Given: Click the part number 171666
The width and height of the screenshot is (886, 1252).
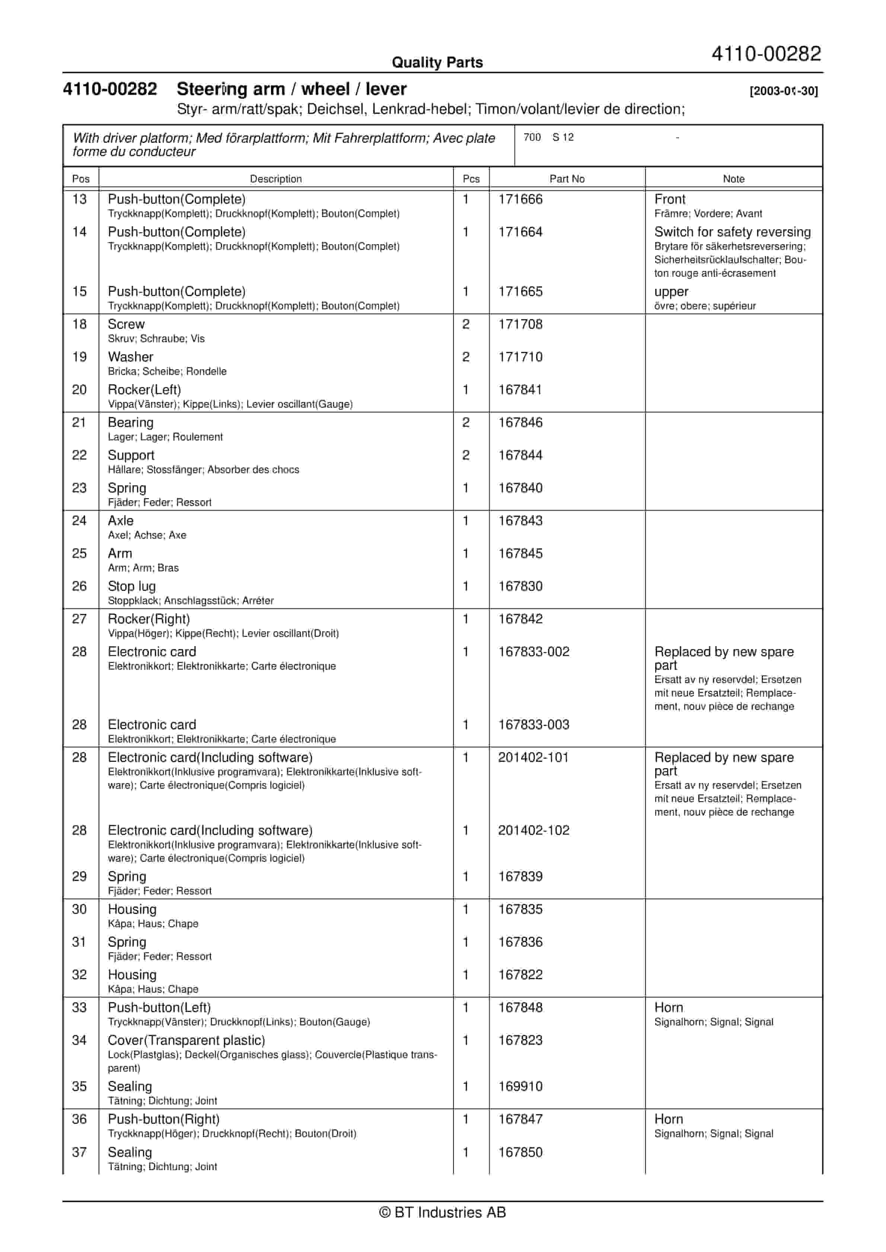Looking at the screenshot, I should pyautogui.click(x=520, y=199).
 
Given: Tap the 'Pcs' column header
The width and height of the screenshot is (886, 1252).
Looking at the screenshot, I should pyautogui.click(x=471, y=179).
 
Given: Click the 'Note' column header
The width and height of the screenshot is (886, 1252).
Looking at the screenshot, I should pyautogui.click(x=733, y=179).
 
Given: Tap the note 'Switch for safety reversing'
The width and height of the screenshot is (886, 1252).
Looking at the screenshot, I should pyautogui.click(x=732, y=232).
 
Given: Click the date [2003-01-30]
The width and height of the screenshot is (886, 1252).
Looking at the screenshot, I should pyautogui.click(x=783, y=91).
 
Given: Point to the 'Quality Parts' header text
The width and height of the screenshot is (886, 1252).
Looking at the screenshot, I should pyautogui.click(x=437, y=62).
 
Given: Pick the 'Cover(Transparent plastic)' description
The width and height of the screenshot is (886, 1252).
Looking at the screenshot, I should pyautogui.click(x=186, y=1041).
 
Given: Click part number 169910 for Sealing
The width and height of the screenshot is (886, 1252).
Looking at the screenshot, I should pyautogui.click(x=520, y=1086).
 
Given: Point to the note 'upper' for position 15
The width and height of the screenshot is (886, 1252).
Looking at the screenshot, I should pyautogui.click(x=671, y=292).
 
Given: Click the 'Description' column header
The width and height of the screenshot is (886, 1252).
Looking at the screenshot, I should pyautogui.click(x=275, y=179).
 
